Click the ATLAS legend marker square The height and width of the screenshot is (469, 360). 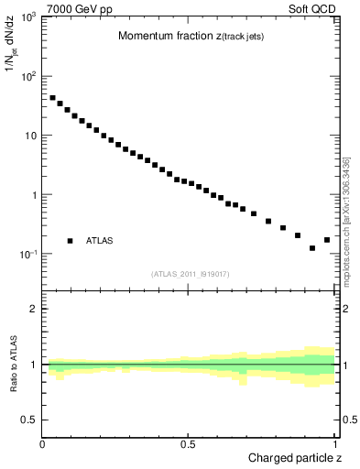[x=70, y=241]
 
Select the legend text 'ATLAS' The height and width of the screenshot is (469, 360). [x=100, y=241]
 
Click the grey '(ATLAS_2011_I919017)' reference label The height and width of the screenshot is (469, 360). [x=191, y=274]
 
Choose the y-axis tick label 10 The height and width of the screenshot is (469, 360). [x=30, y=136]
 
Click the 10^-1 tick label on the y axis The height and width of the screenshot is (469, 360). [x=27, y=255]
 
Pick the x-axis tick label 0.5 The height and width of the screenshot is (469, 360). [x=189, y=444]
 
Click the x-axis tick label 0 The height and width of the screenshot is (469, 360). [x=43, y=444]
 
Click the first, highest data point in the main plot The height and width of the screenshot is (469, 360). [x=53, y=97]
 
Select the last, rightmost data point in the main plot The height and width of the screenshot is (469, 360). [x=327, y=240]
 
